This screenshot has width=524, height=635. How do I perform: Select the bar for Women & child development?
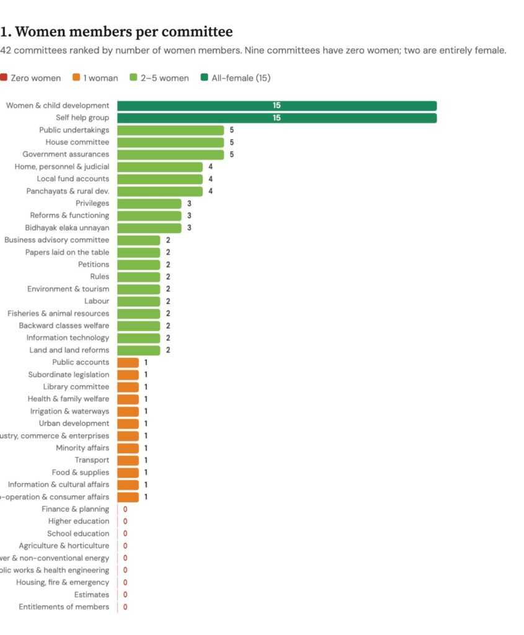[x=277, y=105]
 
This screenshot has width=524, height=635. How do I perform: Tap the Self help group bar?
[x=277, y=118]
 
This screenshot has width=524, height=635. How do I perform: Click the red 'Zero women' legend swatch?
[x=4, y=78]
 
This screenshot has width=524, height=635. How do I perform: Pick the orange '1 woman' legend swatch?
[x=76, y=78]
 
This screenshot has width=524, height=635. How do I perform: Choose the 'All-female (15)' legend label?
[x=241, y=78]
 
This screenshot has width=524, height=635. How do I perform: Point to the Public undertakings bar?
[x=171, y=130]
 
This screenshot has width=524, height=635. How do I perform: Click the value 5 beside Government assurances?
[x=231, y=154]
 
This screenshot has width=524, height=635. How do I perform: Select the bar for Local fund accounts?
[x=160, y=179]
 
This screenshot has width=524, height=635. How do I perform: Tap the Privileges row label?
[x=92, y=203]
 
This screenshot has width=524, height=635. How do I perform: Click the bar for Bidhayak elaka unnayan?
[x=149, y=228]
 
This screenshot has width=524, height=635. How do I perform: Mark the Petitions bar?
[x=138, y=265]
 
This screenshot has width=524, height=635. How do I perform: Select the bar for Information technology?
[x=138, y=338]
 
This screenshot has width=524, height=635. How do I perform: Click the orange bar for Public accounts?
[x=128, y=362]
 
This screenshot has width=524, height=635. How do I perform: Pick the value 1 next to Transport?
[x=146, y=460]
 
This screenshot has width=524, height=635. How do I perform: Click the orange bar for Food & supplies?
[x=128, y=473]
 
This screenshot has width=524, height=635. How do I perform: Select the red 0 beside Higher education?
[x=125, y=522]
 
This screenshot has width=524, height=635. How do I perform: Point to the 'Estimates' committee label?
[x=91, y=595]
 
